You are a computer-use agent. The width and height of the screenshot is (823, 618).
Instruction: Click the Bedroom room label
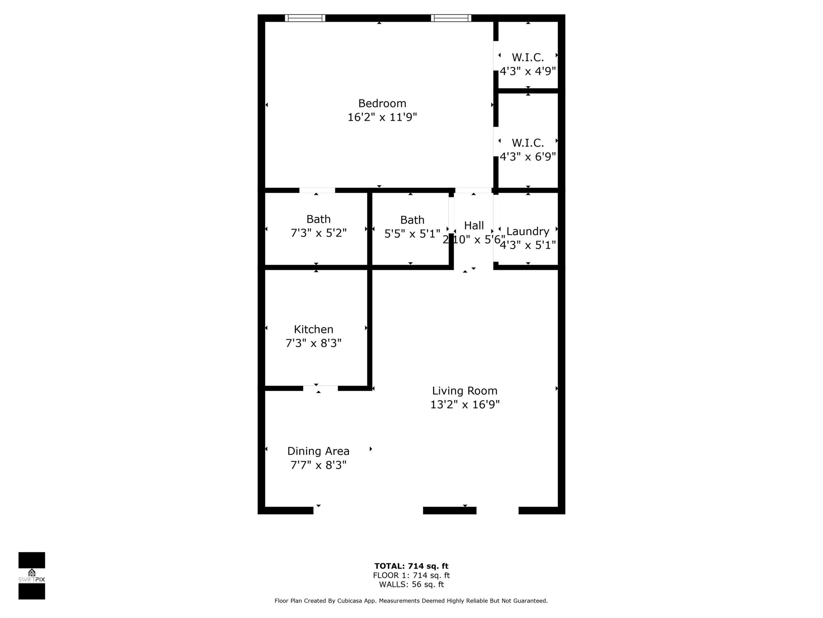pyautogui.click(x=382, y=103)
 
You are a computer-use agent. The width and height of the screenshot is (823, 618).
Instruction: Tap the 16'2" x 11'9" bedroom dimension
pyautogui.click(x=382, y=117)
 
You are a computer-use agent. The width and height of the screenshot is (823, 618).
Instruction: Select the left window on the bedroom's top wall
pyautogui.click(x=305, y=18)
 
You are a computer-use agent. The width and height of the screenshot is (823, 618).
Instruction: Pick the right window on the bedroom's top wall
pyautogui.click(x=451, y=18)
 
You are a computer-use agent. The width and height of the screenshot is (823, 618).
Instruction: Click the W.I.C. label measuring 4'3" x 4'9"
pyautogui.click(x=528, y=58)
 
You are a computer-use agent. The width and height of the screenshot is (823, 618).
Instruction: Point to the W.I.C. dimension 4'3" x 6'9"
pyautogui.click(x=528, y=157)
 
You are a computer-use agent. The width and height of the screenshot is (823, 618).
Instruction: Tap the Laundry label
pyautogui.click(x=528, y=231)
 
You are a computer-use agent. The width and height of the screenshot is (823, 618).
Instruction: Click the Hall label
pyautogui.click(x=474, y=226)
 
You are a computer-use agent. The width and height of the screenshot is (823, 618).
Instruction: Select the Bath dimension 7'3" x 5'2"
pyautogui.click(x=318, y=233)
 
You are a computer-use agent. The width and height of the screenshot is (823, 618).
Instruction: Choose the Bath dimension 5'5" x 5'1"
pyautogui.click(x=412, y=234)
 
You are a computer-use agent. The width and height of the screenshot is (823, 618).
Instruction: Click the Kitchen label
pyautogui.click(x=313, y=330)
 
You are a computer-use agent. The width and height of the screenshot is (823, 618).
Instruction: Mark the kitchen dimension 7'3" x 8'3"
pyautogui.click(x=313, y=343)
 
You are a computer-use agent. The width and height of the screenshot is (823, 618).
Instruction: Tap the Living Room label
pyautogui.click(x=465, y=391)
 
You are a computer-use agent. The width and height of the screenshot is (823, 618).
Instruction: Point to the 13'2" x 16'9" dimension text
pyautogui.click(x=465, y=404)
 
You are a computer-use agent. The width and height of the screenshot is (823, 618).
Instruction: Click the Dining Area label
pyautogui.click(x=318, y=451)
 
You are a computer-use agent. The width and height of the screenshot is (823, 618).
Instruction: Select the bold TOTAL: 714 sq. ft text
pyautogui.click(x=411, y=566)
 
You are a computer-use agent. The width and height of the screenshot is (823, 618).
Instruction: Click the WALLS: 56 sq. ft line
pyautogui.click(x=411, y=585)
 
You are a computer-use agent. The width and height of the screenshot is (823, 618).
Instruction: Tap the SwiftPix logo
pyautogui.click(x=32, y=576)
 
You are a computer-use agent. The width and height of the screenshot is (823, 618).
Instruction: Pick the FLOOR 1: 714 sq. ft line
pyautogui.click(x=411, y=575)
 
